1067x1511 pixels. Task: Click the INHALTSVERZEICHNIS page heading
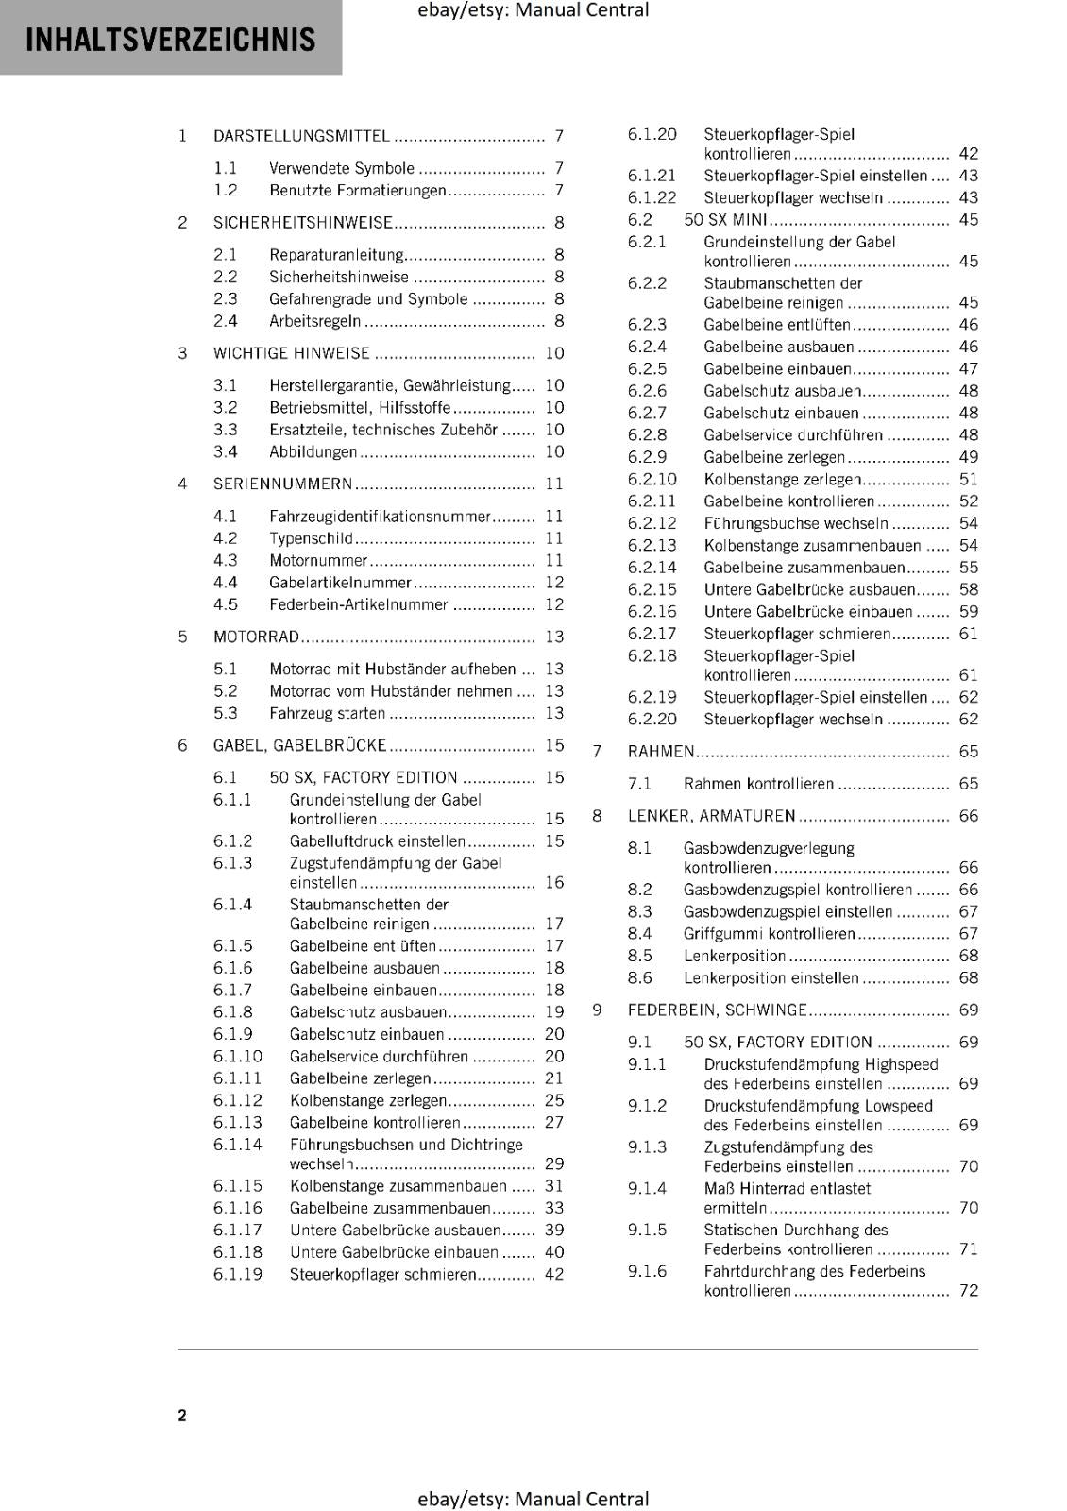coord(170,40)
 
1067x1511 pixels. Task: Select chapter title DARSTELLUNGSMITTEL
coord(301,136)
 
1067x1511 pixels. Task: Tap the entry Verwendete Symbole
coord(341,168)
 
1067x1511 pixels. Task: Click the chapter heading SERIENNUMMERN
coord(282,484)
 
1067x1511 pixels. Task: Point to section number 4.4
coord(226,583)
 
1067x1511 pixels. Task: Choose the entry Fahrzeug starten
coord(327,713)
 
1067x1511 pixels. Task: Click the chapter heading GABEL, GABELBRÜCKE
coord(299,745)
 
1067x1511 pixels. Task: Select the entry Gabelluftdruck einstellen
coord(377,840)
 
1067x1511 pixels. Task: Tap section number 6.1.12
coord(238,1100)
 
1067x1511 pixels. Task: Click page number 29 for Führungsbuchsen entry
coord(554,1163)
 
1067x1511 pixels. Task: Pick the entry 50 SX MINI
coord(725,220)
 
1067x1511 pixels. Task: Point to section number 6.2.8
coord(648,435)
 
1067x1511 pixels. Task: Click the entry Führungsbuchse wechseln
coord(796,523)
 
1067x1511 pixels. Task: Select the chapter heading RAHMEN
coord(661,752)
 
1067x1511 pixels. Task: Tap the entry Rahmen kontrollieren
coord(758,784)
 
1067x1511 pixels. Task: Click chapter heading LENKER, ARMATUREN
coord(711,816)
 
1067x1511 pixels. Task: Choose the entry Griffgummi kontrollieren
coord(769,933)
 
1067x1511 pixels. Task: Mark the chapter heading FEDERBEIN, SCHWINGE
coord(717,1010)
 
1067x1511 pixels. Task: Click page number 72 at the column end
coord(969,1290)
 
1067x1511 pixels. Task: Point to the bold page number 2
coord(182,1415)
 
